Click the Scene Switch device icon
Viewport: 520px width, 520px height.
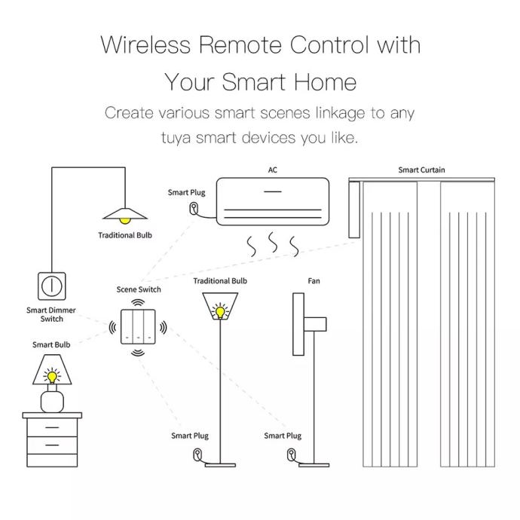[x=138, y=326]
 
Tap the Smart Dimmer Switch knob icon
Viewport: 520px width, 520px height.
[x=52, y=286]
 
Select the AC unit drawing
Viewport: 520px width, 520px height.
[x=273, y=201]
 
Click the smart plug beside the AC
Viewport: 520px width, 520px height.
[x=194, y=209]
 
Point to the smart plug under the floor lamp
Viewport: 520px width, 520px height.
[x=197, y=454]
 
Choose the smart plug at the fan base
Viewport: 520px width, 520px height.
[x=291, y=454]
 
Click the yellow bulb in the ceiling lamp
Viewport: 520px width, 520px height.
[x=124, y=221]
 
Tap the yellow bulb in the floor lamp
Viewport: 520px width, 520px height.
[x=220, y=312]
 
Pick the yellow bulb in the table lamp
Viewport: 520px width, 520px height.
[x=52, y=376]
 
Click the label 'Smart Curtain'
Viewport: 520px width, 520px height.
[x=421, y=170]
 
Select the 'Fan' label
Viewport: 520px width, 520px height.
[x=314, y=281]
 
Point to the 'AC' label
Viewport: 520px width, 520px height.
[x=272, y=170]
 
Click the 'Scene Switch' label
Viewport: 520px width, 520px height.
[x=139, y=289]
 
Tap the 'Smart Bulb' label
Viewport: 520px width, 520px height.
[x=51, y=344]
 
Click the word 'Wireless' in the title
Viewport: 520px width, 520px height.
[x=145, y=44]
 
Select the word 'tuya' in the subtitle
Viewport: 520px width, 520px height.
[x=176, y=138]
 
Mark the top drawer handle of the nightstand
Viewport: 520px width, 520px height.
[x=52, y=427]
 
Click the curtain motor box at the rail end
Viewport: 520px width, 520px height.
[x=354, y=210]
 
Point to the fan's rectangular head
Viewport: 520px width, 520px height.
[x=298, y=324]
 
